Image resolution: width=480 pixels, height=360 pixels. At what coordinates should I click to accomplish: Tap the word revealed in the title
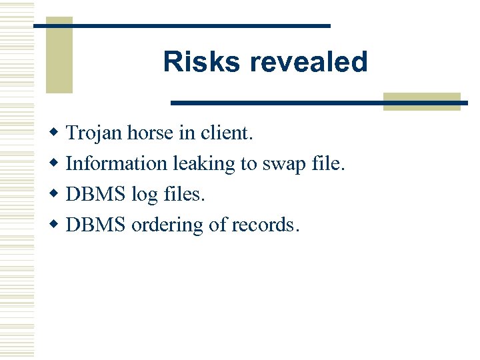coord(308,62)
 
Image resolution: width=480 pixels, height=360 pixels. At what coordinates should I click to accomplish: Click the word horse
coord(151,133)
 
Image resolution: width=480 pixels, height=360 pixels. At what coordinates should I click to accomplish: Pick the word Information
coord(117,163)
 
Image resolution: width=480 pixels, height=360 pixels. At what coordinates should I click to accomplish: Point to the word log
coord(144,195)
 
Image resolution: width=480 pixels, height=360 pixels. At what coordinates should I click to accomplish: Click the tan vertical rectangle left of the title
coord(59,55)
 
